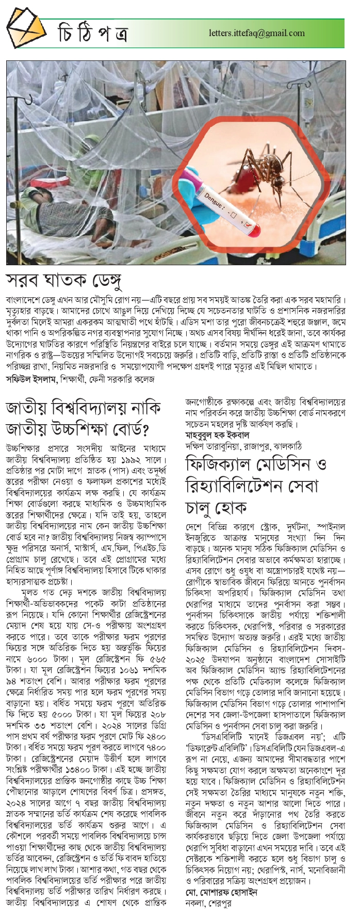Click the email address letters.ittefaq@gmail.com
click(256, 33)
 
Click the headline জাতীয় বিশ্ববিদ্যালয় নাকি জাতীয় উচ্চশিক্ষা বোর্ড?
click(84, 419)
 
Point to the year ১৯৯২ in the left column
click(130, 459)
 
